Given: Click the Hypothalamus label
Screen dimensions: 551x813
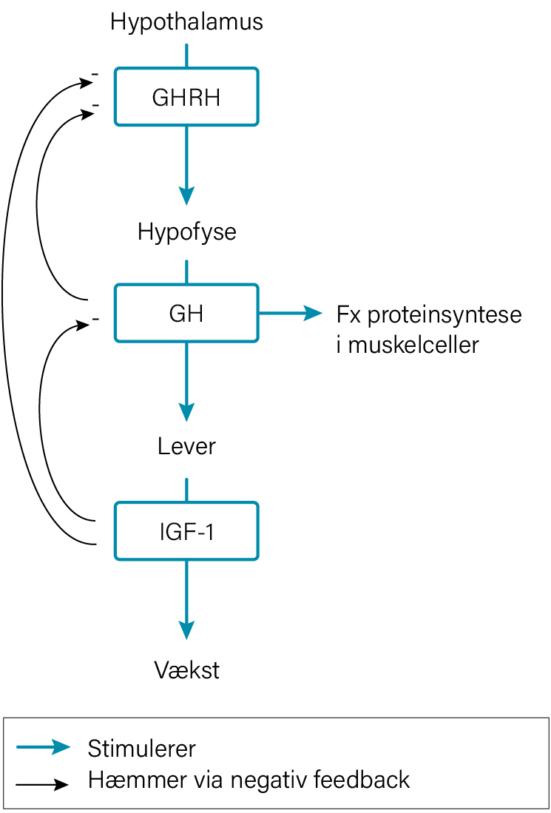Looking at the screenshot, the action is point(186,24).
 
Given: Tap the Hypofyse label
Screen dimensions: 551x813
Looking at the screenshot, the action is point(186,232).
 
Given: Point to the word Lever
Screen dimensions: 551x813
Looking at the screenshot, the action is point(186,446).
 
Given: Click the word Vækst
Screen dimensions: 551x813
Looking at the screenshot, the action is point(186,669).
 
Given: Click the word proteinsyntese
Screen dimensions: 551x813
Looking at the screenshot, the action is point(444,315).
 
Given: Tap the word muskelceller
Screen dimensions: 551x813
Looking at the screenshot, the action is point(413,345).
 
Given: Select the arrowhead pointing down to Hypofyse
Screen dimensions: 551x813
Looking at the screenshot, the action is point(186,195).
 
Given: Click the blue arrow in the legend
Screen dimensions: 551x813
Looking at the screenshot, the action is point(43,747).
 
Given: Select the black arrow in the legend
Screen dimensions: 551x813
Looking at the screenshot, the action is point(43,783).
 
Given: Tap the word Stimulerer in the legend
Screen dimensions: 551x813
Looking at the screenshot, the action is point(142,748).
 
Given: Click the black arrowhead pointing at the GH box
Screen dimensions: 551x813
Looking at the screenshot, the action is point(84,325).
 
